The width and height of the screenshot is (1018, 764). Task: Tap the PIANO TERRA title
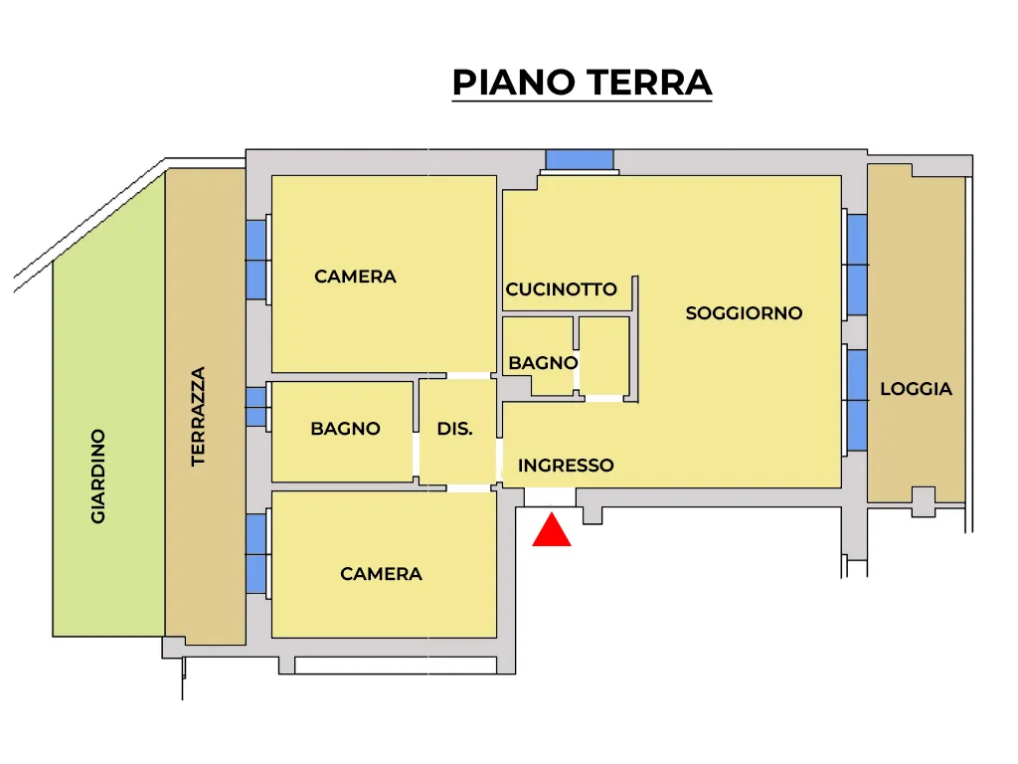583,83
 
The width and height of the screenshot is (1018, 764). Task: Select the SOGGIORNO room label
744,313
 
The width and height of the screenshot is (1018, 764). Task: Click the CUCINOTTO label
561,289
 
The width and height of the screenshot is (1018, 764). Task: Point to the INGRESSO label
566,466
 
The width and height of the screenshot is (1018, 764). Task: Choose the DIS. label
454,429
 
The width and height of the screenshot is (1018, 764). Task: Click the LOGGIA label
916,389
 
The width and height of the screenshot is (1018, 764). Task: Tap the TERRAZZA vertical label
198,417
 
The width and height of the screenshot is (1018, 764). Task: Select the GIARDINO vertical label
98,477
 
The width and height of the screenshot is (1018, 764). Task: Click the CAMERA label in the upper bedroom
355,277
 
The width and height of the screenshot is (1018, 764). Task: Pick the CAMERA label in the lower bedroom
381,574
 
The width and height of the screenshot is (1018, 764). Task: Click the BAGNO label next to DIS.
345,429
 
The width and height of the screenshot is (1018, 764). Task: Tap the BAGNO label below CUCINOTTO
543,362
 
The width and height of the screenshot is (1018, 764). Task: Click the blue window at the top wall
580,159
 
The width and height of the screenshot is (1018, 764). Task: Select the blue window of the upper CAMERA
255,260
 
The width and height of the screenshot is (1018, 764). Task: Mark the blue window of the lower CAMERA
255,553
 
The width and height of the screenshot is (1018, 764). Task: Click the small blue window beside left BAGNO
255,407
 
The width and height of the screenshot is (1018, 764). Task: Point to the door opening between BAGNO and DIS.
417,455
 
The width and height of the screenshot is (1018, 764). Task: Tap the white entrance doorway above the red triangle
550,497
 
